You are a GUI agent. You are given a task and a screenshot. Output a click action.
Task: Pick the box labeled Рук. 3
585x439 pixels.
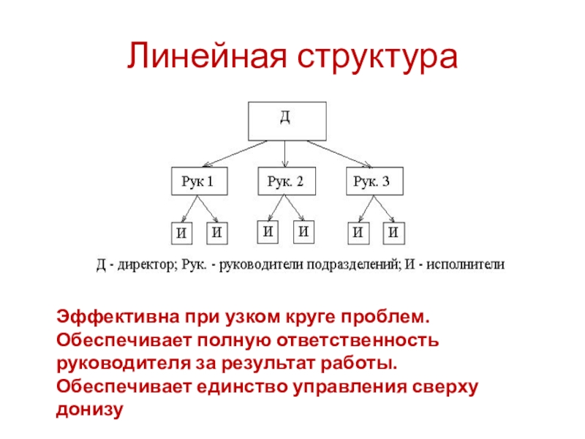coord(373,182)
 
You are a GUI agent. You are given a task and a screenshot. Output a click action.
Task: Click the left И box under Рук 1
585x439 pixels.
coord(183,233)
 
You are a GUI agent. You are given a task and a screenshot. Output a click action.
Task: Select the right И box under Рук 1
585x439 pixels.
coord(217,233)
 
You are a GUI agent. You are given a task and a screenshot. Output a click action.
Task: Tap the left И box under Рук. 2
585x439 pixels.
coord(269,233)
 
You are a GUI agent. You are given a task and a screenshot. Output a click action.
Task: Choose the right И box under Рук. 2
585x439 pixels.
coord(303,233)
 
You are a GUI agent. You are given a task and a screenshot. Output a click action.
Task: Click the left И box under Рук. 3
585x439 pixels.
coord(358,233)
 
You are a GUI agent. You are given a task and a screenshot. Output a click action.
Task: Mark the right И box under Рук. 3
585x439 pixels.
coord(393,233)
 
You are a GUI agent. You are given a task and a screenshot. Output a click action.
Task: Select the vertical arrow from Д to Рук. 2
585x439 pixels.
coord(285,154)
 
